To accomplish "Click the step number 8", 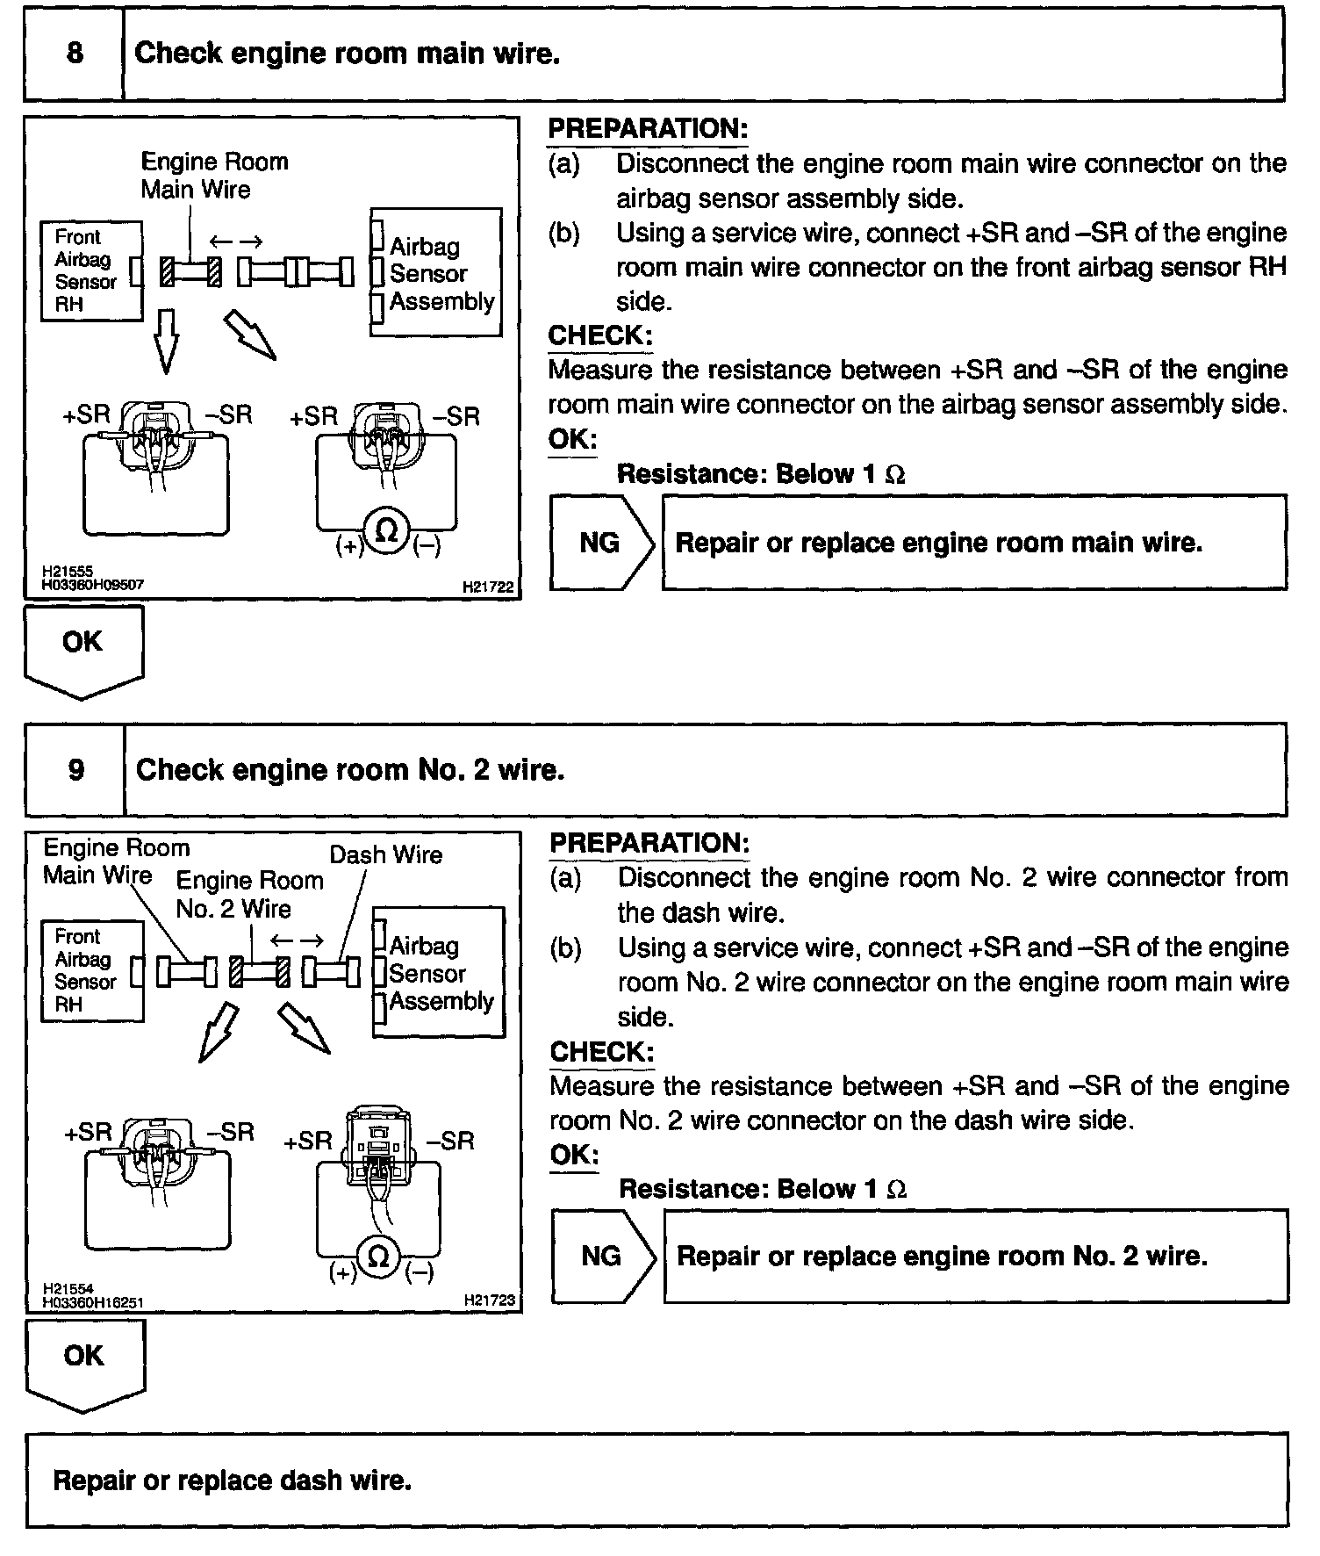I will [x=75, y=54].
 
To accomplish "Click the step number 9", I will [x=76, y=770].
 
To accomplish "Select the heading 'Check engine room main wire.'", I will [x=347, y=54].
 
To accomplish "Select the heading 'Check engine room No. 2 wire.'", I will [x=350, y=770].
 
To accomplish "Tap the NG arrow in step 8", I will [x=602, y=543].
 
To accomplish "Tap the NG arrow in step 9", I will [x=603, y=1257].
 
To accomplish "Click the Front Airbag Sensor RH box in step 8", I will [x=90, y=270].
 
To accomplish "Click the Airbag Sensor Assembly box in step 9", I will [x=439, y=973].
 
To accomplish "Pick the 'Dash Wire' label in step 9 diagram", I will [x=385, y=854].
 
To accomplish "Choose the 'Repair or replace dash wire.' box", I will [x=656, y=1480].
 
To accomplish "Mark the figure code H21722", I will [x=488, y=586].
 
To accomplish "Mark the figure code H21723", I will [x=490, y=1300].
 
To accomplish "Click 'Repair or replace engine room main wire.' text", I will [x=938, y=543].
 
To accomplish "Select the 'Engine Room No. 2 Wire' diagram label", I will [x=249, y=894].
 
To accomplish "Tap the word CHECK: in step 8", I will [x=600, y=335].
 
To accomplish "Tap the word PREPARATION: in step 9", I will [x=649, y=843].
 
